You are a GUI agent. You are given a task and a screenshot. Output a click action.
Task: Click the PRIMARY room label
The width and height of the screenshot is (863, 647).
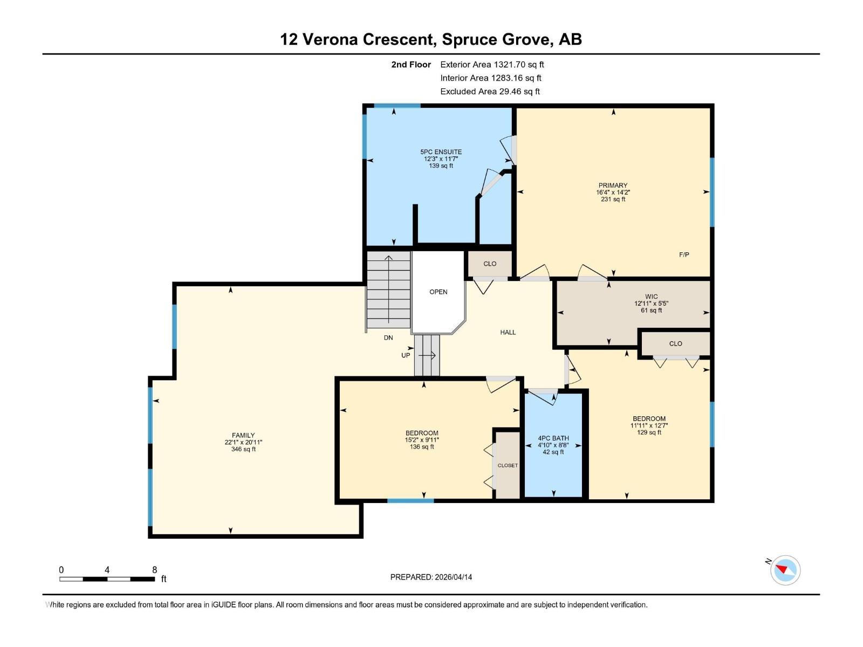point(613,185)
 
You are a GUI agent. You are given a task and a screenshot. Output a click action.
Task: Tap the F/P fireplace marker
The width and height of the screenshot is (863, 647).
point(684,254)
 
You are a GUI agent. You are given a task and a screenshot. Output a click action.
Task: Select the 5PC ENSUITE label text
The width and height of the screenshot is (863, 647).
point(441,152)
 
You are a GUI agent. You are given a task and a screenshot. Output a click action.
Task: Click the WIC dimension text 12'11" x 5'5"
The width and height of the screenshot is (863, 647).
point(651,304)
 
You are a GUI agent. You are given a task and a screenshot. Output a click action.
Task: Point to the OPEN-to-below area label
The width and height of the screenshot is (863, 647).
point(438,292)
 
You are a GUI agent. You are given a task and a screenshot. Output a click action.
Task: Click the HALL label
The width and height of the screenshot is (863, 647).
point(508,333)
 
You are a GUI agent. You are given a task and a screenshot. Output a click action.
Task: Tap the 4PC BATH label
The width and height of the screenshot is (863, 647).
point(553,438)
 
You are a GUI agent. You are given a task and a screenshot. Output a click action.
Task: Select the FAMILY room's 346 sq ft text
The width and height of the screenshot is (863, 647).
point(243,449)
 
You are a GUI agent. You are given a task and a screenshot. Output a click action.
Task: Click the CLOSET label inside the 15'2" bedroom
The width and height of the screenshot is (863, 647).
point(508,465)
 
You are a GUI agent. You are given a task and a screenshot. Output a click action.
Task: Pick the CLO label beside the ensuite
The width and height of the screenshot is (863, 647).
point(490,264)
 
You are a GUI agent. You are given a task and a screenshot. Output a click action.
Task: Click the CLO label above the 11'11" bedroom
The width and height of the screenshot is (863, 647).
point(675,343)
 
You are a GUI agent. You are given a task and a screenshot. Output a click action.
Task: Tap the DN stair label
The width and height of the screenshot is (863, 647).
point(388,338)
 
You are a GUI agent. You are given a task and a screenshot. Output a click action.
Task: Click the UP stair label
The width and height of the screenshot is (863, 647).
point(406,355)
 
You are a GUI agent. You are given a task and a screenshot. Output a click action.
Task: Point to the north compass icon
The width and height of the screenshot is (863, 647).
point(785,570)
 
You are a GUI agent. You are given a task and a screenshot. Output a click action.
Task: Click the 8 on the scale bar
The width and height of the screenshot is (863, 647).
point(155,570)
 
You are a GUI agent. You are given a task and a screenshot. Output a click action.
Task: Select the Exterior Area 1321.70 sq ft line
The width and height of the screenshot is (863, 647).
point(492,65)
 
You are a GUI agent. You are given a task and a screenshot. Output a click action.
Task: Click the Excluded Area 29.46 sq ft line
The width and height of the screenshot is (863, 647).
point(490,92)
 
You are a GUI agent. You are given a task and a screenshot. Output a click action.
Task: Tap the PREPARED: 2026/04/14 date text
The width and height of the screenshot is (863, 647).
point(431,577)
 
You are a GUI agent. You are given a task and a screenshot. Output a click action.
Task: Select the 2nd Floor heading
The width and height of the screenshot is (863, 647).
point(411,65)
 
